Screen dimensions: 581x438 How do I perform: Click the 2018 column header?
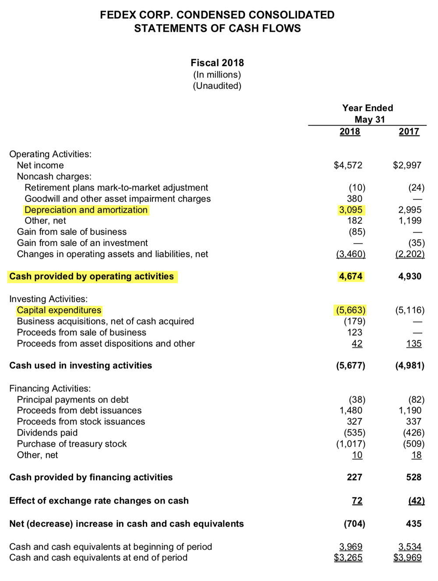tap(350, 131)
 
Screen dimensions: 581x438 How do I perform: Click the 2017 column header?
tap(409, 131)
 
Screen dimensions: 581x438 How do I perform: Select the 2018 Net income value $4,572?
tap(348, 165)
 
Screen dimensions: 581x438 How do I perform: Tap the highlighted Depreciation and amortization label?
tap(86, 210)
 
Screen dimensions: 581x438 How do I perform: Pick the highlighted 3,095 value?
tap(350, 210)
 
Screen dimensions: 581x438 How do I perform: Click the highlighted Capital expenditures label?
tap(59, 310)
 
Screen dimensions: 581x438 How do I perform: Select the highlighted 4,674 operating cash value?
tap(350, 276)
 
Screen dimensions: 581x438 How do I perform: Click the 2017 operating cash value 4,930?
tap(410, 276)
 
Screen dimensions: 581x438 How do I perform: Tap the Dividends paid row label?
tap(47, 433)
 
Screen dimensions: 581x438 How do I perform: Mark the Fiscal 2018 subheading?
tap(217, 63)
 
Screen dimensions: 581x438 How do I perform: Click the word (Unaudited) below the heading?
tap(217, 86)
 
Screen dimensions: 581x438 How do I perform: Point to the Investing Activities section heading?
tap(48, 299)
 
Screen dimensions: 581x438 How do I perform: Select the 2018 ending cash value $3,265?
tap(348, 558)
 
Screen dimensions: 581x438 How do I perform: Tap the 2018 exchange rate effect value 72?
tap(357, 501)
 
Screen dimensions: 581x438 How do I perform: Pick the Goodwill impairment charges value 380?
tap(354, 198)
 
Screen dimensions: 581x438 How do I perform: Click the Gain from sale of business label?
tap(72, 232)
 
